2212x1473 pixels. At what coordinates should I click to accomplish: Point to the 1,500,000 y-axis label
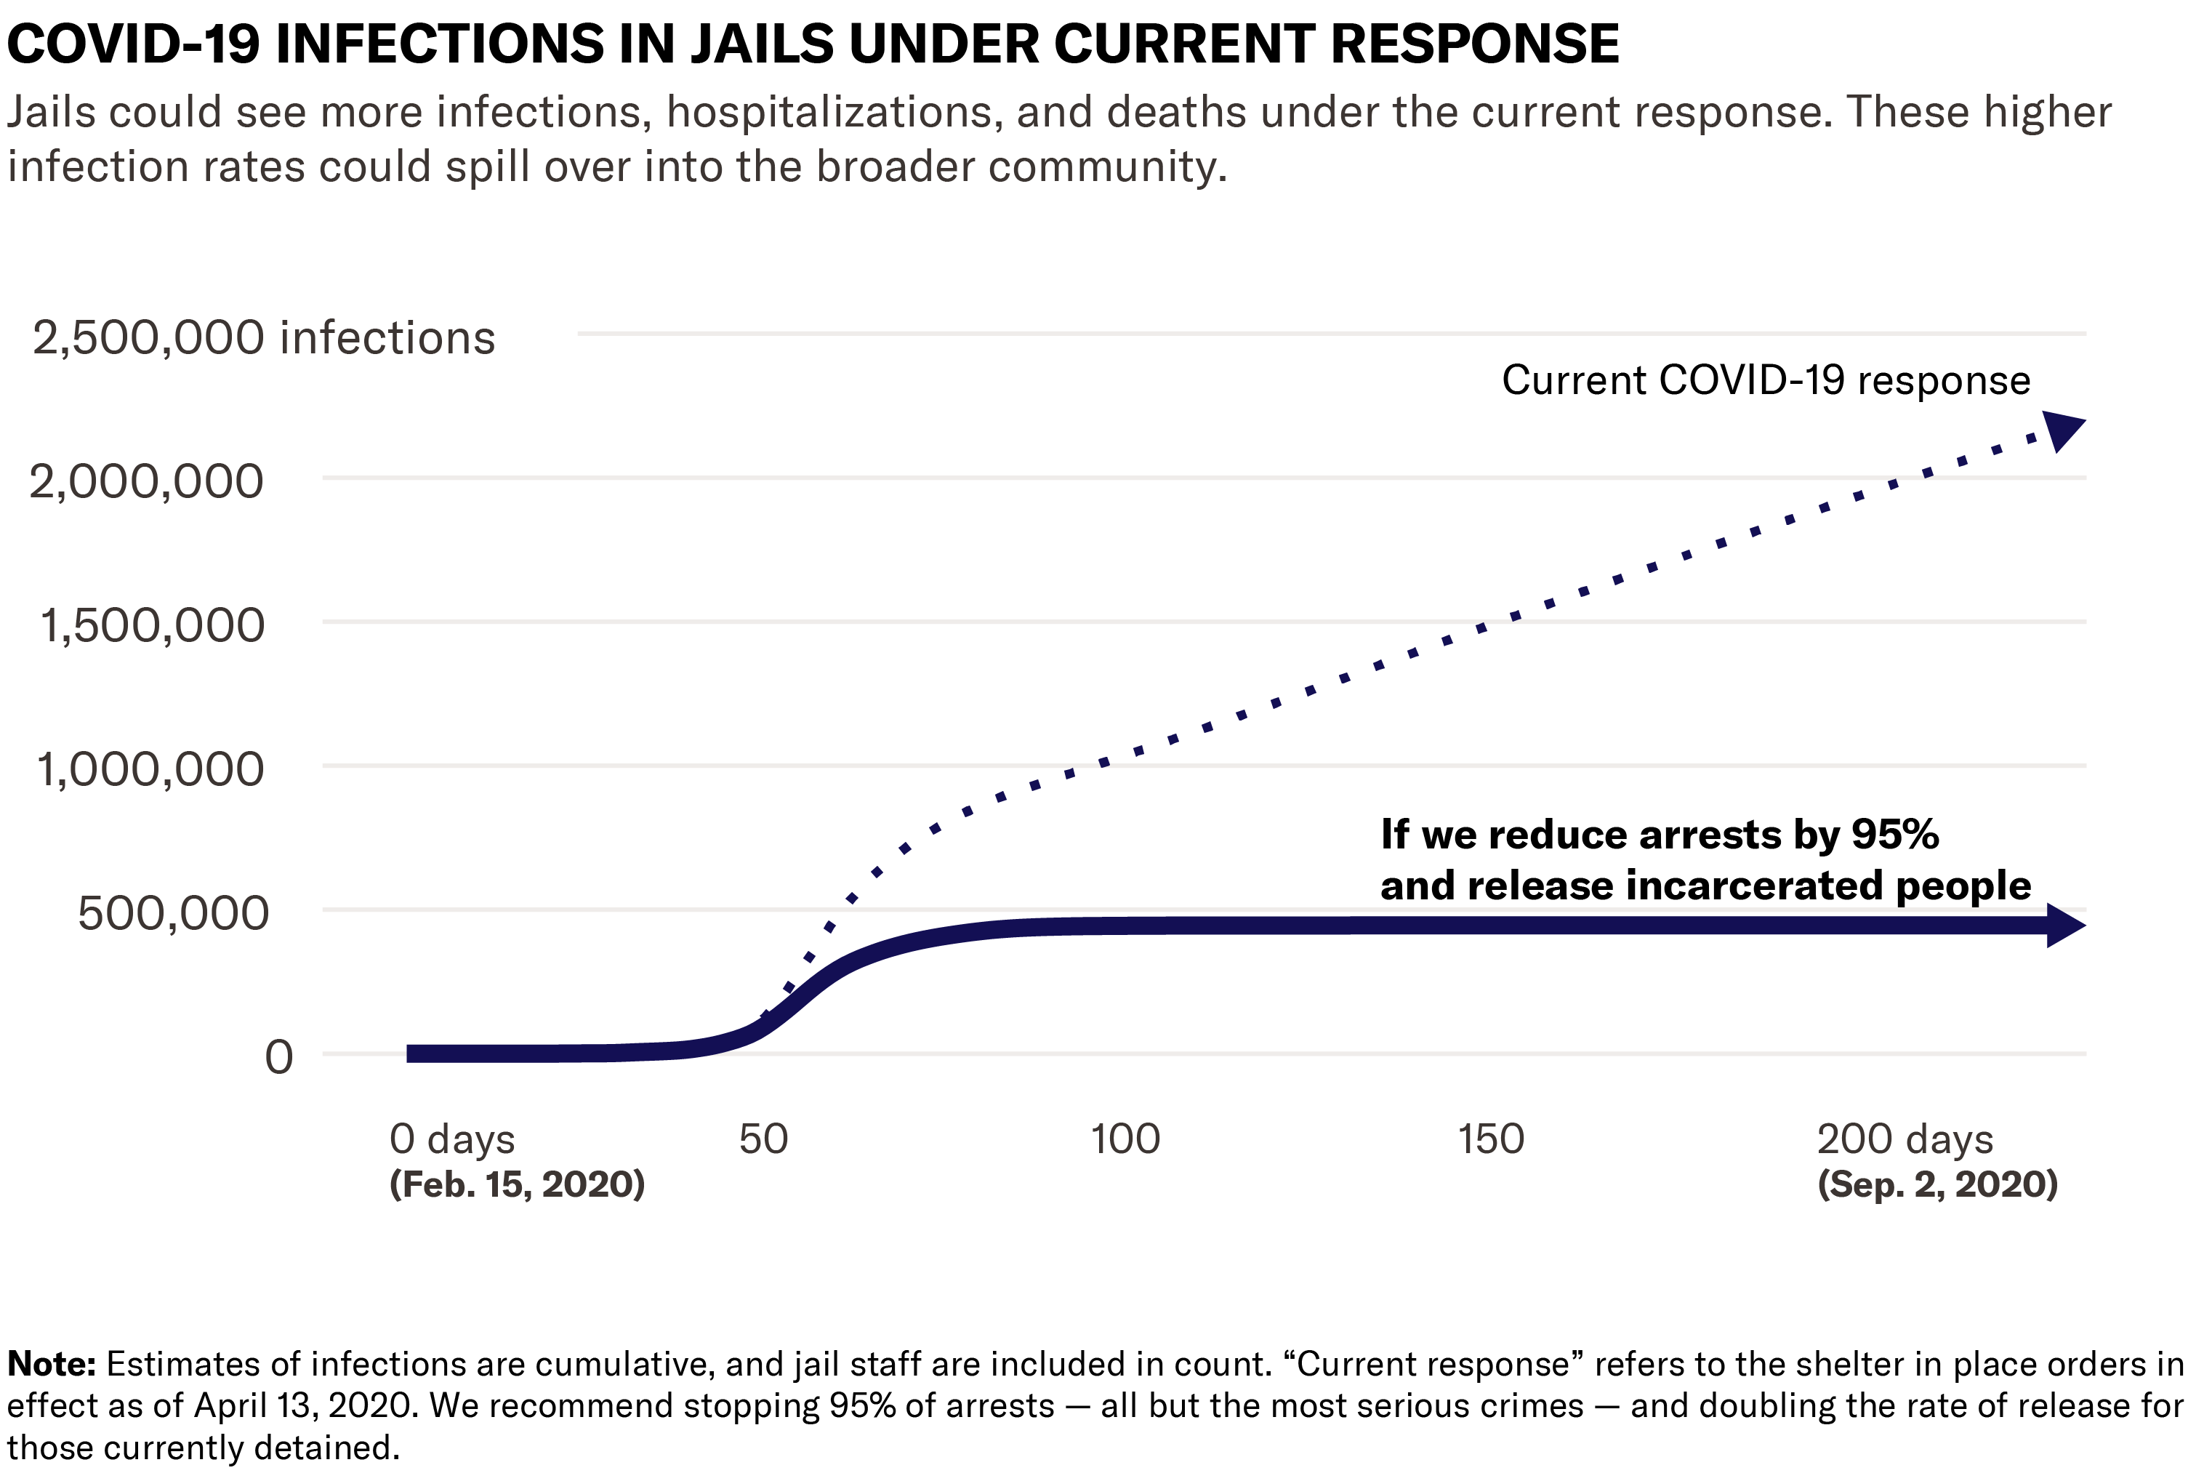151,627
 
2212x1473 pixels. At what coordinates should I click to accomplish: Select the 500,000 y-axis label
173,914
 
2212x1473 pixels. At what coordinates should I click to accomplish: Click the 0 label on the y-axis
278,1058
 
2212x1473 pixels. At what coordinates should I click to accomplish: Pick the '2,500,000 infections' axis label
263,338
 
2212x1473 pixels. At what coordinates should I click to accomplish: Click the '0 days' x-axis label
452,1139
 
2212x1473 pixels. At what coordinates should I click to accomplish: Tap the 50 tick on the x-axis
763,1139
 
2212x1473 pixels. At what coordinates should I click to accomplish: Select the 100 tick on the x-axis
1125,1139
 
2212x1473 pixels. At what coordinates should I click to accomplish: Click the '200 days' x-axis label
1904,1139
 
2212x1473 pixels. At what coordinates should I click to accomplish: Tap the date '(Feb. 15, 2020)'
517,1184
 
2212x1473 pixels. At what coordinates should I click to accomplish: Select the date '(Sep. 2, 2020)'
1936,1184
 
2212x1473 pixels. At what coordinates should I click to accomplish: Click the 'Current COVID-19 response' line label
1765,380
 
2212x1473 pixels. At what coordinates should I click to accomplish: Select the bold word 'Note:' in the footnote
52,1364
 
